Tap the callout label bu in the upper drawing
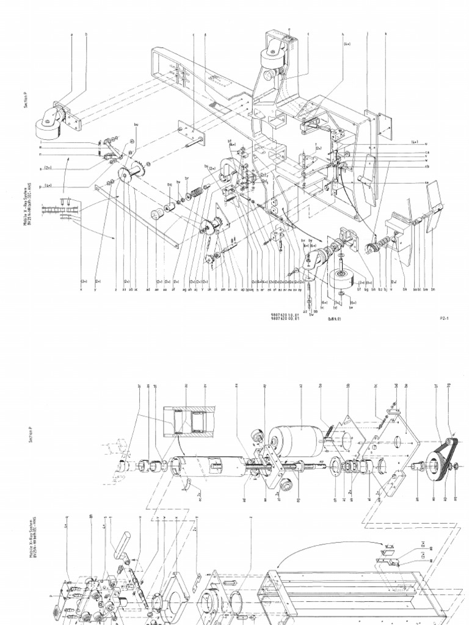[136, 125]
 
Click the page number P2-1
[444, 318]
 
